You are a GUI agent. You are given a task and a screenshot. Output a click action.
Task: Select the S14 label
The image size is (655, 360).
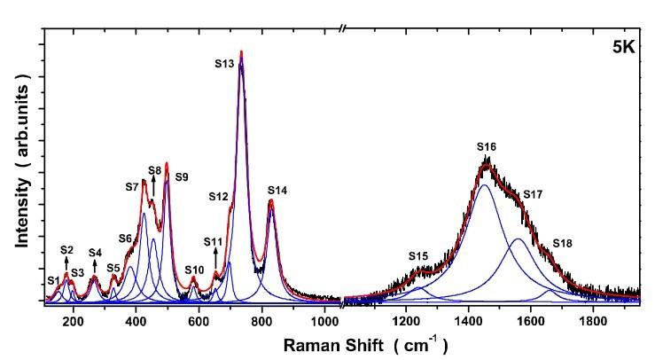(x=277, y=191)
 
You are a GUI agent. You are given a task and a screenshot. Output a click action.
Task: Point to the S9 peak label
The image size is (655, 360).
(x=181, y=177)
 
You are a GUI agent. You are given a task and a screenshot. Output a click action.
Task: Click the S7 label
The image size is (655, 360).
(x=131, y=186)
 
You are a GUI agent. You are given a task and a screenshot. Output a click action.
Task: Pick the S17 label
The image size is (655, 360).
(x=533, y=194)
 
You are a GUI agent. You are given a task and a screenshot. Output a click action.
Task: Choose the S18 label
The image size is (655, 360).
(x=563, y=243)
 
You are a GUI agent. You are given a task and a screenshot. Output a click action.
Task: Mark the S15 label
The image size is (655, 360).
(x=418, y=256)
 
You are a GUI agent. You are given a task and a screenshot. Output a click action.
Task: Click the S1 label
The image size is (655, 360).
(x=54, y=280)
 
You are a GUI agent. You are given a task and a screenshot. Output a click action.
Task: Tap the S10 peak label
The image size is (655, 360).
(x=194, y=270)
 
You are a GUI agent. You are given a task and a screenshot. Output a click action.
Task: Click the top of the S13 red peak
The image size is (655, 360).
(x=241, y=53)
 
